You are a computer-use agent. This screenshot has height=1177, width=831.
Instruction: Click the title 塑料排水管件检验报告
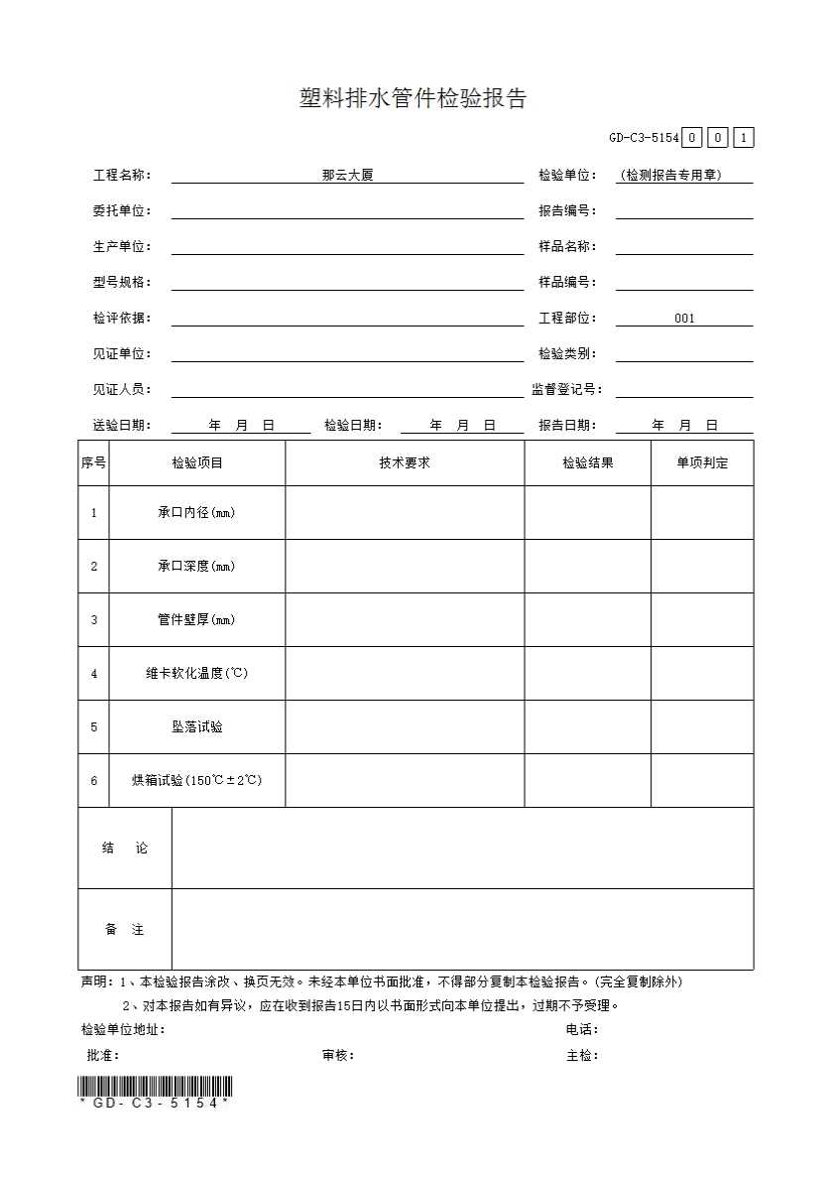tap(413, 98)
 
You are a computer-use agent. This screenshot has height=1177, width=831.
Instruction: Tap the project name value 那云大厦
tap(347, 176)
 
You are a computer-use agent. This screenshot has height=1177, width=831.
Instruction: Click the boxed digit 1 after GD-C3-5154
tap(744, 138)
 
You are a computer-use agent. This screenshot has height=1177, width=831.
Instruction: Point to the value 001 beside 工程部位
tap(684, 319)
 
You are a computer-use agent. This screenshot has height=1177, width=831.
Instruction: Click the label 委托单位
tap(122, 211)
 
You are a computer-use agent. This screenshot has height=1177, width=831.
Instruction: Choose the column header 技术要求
tap(405, 463)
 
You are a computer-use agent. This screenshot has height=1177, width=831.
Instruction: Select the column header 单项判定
tap(702, 463)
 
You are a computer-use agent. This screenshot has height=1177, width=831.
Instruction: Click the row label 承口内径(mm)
tap(196, 513)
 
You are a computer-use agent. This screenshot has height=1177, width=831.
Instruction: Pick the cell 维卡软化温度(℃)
tap(196, 674)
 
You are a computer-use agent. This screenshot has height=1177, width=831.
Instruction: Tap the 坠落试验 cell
tap(196, 727)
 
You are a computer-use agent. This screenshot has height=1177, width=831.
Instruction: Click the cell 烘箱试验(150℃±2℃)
tap(196, 781)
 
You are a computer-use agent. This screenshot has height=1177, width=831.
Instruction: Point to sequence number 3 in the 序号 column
tap(94, 620)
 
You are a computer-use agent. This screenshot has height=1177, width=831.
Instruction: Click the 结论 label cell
tap(125, 849)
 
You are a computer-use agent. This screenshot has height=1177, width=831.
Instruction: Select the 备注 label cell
tap(125, 930)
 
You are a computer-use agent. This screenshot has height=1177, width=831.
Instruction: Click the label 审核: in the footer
tap(338, 1056)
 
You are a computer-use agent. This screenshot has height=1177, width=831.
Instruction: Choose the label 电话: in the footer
tap(582, 1030)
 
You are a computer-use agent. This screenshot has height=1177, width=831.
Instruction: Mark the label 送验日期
tap(122, 426)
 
